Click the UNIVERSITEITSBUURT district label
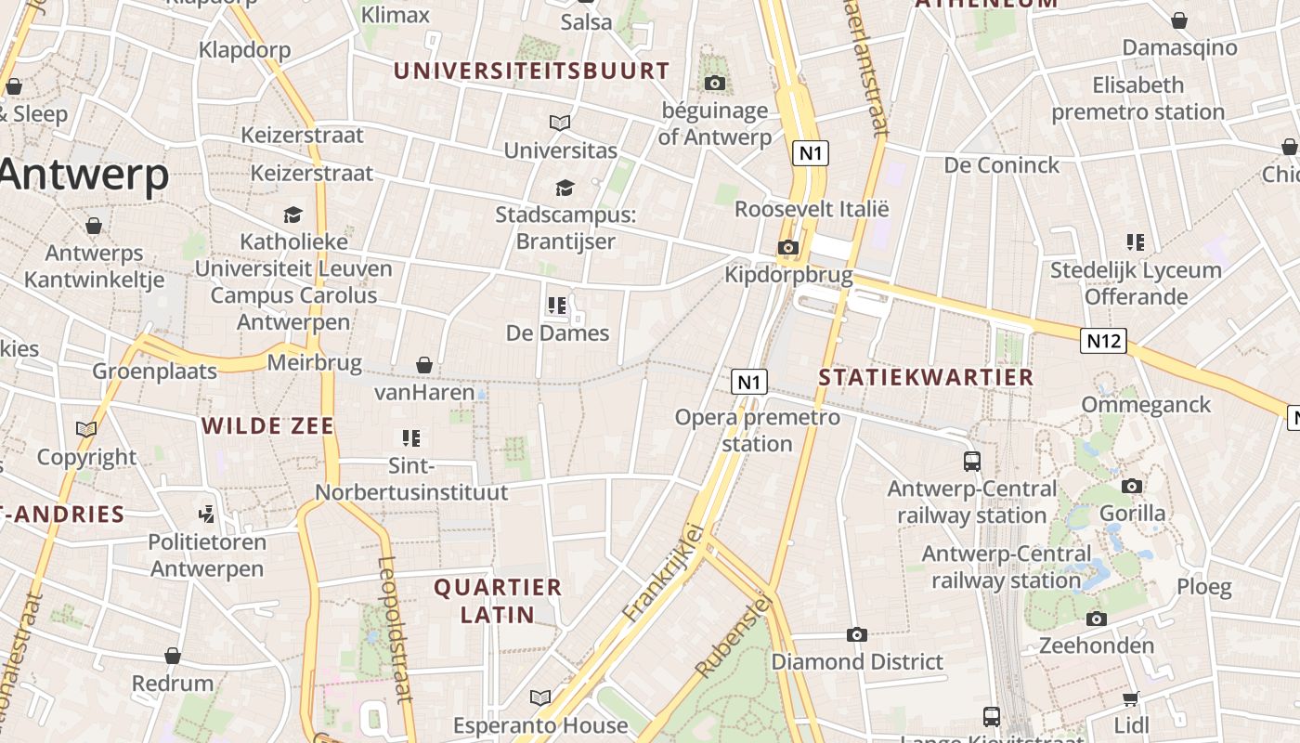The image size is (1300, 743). click(531, 71)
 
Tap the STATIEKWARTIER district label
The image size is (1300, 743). click(927, 377)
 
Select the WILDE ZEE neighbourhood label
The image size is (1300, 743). click(267, 426)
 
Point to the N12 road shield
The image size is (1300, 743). click(1103, 341)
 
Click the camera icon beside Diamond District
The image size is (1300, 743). click(856, 635)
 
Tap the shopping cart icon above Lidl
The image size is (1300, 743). click(1130, 698)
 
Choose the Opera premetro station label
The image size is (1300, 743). click(757, 430)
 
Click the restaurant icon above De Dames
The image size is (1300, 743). click(557, 305)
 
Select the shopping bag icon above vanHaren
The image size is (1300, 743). click(424, 365)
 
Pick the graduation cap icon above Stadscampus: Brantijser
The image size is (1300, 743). click(565, 189)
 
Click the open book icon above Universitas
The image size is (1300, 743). click(560, 123)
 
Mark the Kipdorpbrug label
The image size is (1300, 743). click(788, 275)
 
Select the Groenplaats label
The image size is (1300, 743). click(154, 371)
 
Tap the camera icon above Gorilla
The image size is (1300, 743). click(1131, 487)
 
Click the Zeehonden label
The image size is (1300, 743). click(1097, 645)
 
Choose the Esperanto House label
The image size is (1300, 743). click(540, 725)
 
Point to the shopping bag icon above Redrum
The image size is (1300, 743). click(172, 657)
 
